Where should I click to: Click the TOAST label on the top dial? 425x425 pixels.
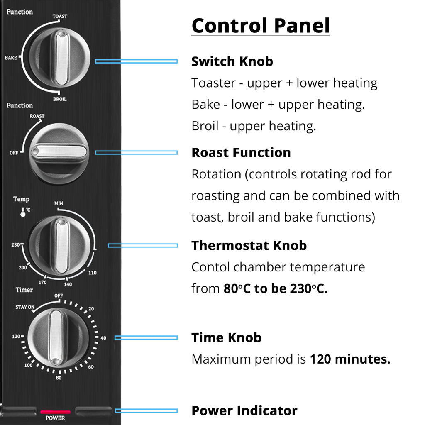tap(60, 16)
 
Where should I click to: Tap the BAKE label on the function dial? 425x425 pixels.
tap(11, 58)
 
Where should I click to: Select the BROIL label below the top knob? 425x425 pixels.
tap(60, 99)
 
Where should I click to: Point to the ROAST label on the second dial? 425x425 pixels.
tap(37, 116)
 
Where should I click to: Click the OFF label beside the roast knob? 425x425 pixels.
tap(14, 153)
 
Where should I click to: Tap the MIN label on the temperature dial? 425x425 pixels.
tap(59, 203)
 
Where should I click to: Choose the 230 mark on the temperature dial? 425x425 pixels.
tap(15, 245)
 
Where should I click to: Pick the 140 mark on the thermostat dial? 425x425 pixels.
tap(68, 284)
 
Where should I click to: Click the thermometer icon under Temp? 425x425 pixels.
tap(23, 212)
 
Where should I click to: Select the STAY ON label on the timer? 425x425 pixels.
tap(25, 307)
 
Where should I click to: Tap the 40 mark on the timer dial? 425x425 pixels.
tap(103, 338)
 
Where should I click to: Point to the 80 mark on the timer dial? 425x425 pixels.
tap(59, 378)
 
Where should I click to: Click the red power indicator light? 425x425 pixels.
tap(55, 412)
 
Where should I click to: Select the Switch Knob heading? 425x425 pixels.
tap(232, 61)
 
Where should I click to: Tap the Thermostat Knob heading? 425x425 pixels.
tap(249, 246)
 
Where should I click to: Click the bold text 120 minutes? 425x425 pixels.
tap(350, 359)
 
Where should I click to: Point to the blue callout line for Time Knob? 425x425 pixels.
tap(146, 337)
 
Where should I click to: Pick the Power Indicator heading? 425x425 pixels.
tap(244, 410)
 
